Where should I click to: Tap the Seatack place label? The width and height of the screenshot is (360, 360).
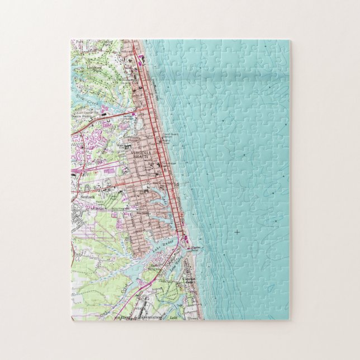(x=88, y=197)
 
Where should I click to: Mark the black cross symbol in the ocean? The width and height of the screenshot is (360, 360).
(x=236, y=231)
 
